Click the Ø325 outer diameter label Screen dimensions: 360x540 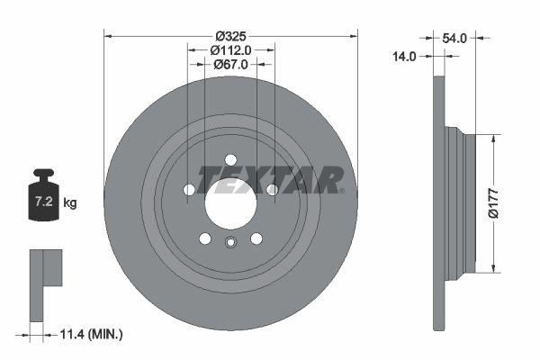231,36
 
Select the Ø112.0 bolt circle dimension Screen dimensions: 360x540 230,50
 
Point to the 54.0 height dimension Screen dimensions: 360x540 454,38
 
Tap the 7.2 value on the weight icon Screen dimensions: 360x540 42,202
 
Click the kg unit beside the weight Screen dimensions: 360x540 70,203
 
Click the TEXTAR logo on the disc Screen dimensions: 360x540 269,180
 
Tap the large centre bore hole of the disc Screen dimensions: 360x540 231,202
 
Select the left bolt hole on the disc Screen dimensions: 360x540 189,190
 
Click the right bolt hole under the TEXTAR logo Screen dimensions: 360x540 271,189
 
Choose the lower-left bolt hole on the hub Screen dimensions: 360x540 205,238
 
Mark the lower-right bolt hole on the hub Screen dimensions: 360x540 256,238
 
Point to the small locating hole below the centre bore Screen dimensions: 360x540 230,241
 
